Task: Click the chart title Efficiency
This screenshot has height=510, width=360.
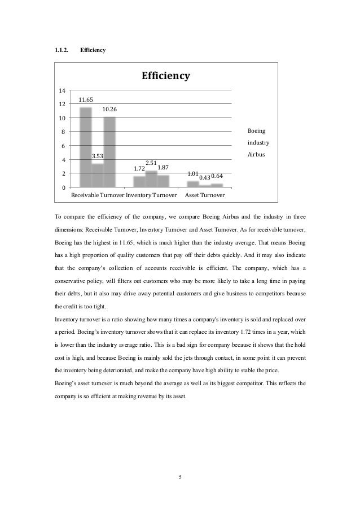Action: (x=165, y=76)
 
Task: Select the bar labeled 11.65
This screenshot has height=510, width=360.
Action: (x=86, y=147)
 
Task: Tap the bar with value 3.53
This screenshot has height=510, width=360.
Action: (x=98, y=175)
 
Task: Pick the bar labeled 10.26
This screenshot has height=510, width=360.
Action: (x=109, y=151)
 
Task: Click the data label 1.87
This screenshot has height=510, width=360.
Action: (x=164, y=167)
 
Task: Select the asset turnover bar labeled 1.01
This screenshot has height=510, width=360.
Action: (x=193, y=184)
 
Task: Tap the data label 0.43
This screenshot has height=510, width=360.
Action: (x=205, y=178)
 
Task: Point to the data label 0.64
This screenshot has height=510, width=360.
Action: (x=217, y=176)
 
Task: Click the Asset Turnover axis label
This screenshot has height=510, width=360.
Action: (x=205, y=195)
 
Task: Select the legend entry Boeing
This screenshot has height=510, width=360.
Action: (x=257, y=131)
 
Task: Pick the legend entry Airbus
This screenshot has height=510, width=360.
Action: (x=257, y=154)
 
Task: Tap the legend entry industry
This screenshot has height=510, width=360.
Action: (x=258, y=142)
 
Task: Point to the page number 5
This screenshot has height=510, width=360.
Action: (x=180, y=477)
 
